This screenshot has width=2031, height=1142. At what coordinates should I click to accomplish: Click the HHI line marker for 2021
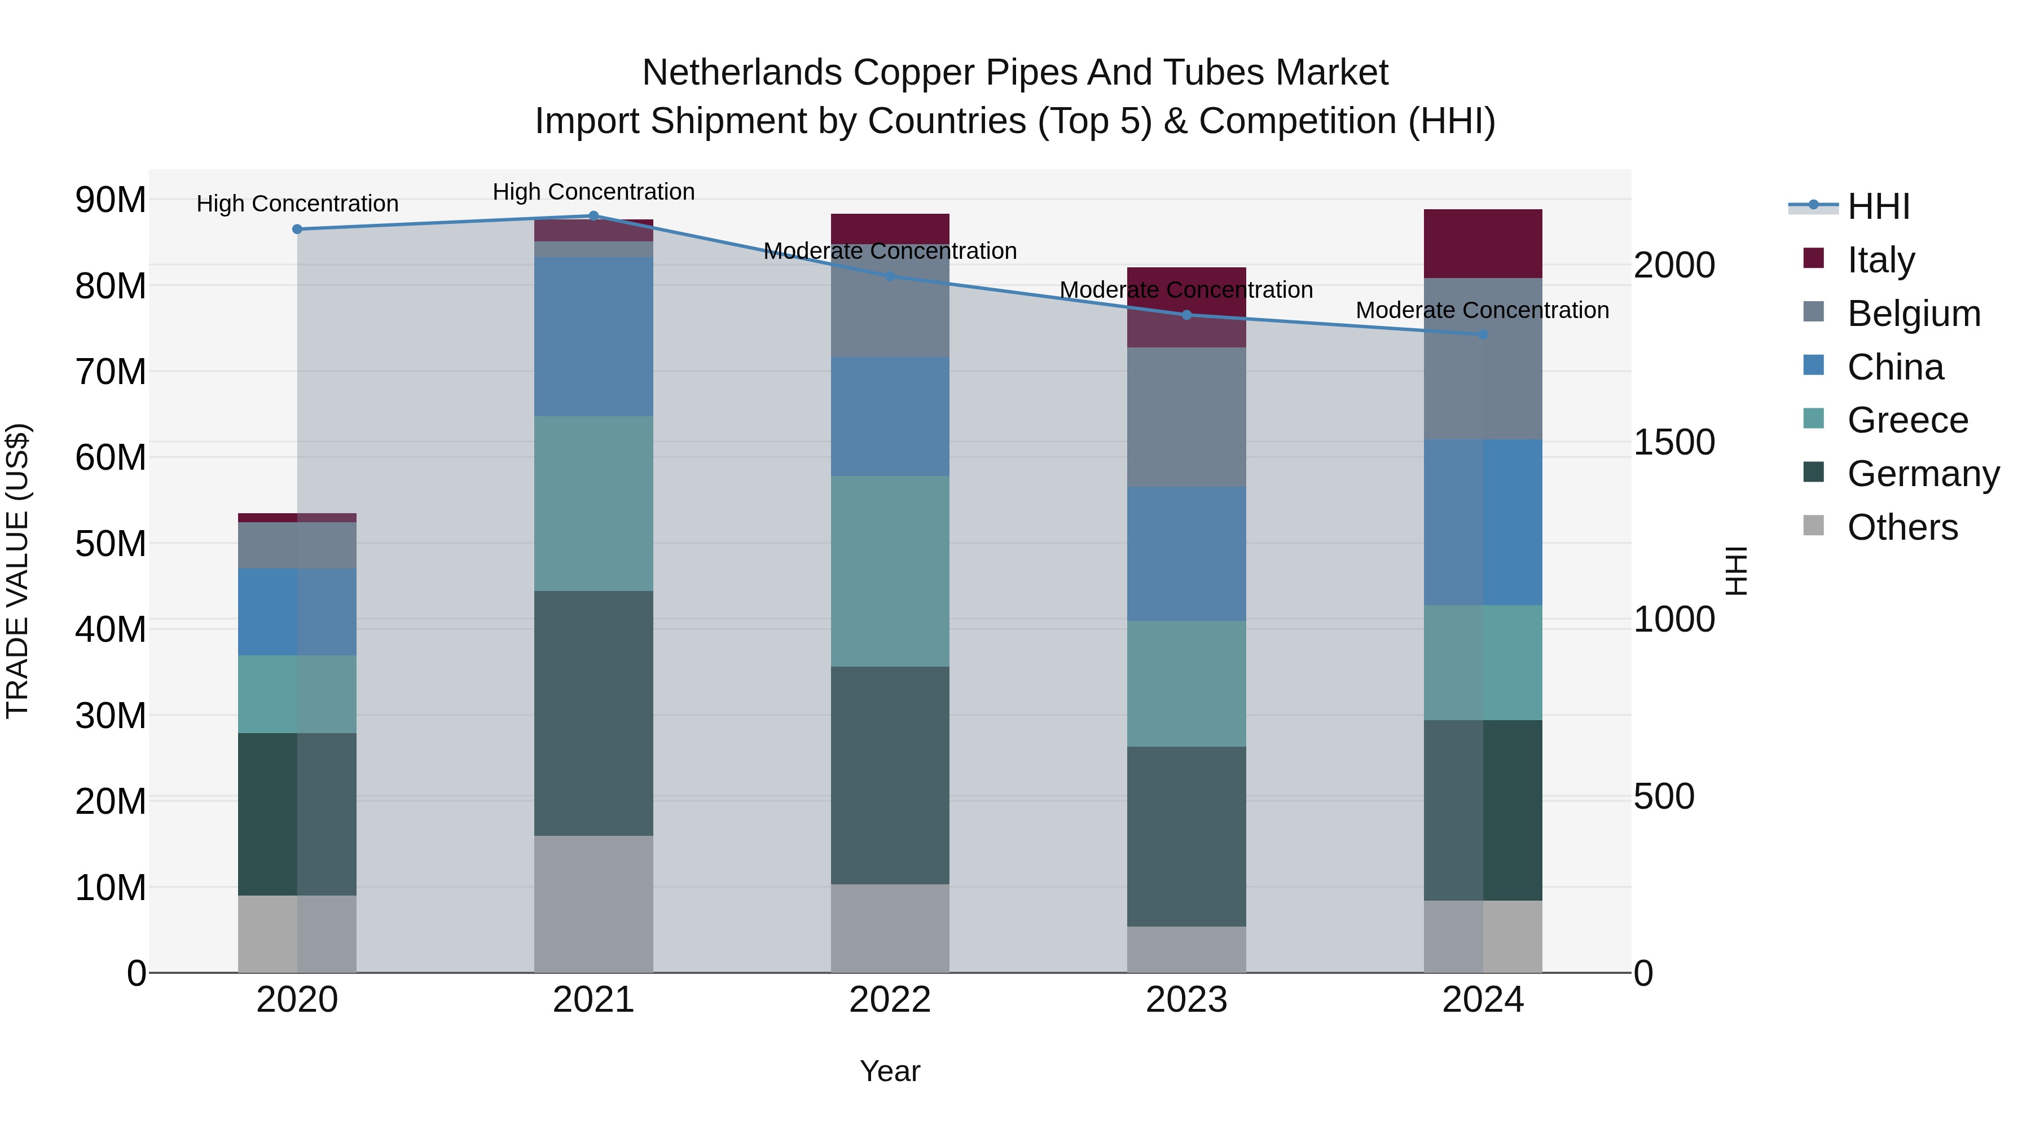594,216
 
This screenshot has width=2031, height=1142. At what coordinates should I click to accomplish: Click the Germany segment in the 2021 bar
594,713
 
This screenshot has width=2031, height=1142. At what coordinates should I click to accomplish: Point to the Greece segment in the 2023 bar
1186,684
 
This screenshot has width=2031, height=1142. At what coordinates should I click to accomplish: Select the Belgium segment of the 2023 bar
1186,417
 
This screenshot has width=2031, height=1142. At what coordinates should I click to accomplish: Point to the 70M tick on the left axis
111,371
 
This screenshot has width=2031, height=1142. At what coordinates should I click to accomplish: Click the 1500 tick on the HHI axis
1673,442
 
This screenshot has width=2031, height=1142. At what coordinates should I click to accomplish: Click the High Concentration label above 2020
297,204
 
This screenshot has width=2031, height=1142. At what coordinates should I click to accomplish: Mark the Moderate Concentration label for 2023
1186,290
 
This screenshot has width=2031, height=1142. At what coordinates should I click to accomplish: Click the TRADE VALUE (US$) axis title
17,571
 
